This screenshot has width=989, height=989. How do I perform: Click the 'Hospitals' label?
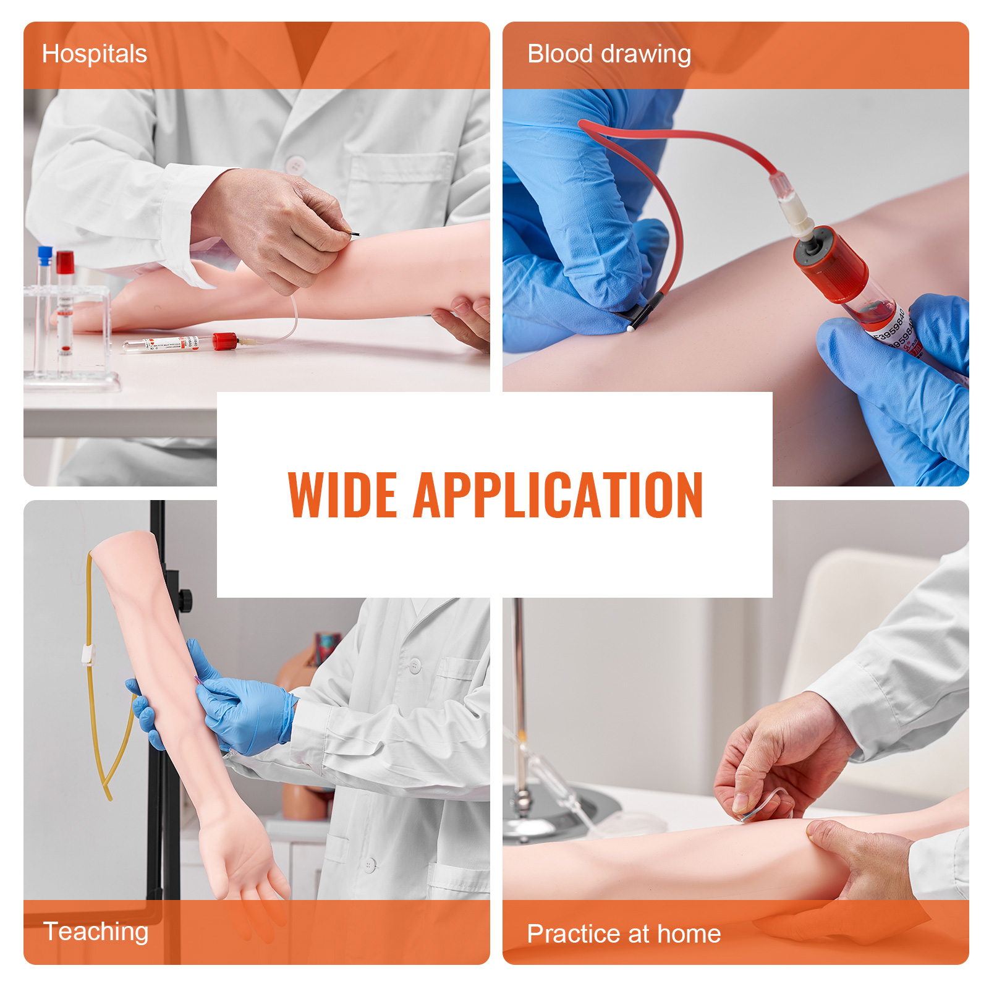[94, 54]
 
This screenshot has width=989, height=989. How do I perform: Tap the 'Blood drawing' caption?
[608, 54]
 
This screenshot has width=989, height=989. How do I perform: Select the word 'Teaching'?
[96, 932]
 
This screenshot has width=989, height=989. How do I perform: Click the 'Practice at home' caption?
[623, 933]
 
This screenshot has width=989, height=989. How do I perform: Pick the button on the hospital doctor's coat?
[295, 165]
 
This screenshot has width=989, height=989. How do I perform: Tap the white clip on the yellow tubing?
[88, 654]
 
